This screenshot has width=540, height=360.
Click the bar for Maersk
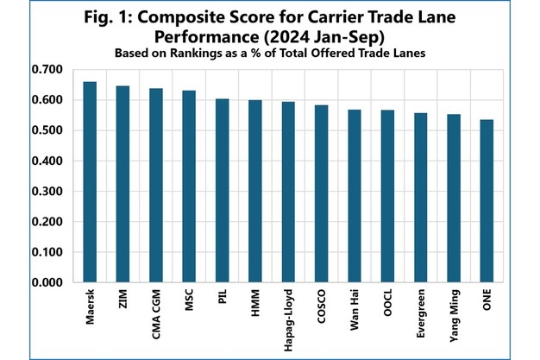click(x=90, y=182)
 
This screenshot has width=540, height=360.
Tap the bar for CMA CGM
click(x=156, y=186)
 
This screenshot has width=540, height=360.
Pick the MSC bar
click(x=189, y=186)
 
